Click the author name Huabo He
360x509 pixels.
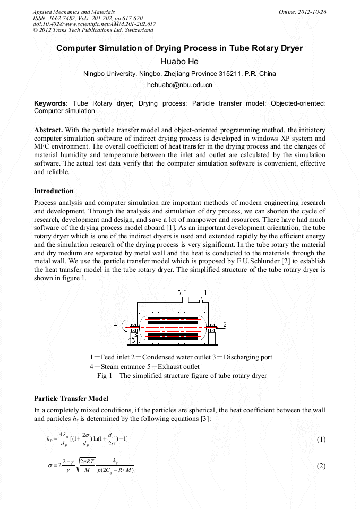179,62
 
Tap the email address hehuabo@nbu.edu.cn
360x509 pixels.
179,84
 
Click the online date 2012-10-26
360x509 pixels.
307,12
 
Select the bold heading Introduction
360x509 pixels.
54,191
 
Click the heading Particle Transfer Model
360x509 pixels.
71,398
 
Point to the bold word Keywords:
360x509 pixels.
51,103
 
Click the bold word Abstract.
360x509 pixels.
49,130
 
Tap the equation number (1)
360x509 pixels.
321,439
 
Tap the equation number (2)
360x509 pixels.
321,466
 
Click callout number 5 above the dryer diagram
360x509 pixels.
179,292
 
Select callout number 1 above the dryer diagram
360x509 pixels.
205,292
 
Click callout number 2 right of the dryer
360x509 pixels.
225,323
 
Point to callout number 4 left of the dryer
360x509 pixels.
116,324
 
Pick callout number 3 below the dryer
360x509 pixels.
133,340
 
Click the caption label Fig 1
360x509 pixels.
105,376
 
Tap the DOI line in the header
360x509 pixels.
94,24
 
